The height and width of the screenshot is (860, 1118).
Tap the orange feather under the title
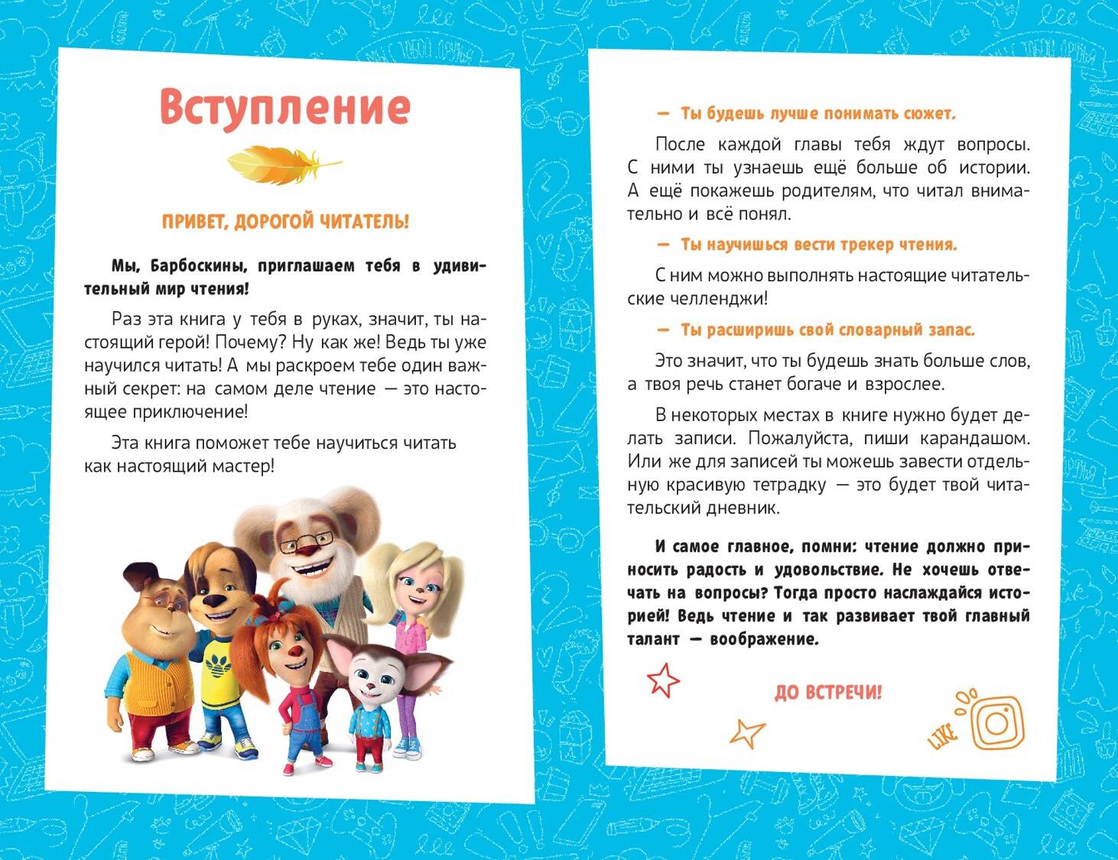[x=283, y=163]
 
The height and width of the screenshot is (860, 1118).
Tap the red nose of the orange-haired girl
[x=295, y=651]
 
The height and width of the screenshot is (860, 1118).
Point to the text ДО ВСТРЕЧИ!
[x=828, y=693]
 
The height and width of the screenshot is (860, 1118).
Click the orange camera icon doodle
[x=996, y=722]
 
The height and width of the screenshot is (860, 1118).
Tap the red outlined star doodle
[x=662, y=680]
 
